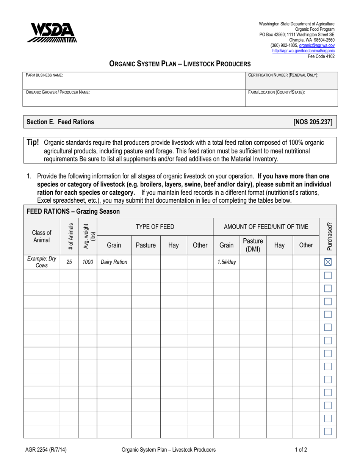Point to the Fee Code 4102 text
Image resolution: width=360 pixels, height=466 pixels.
321,56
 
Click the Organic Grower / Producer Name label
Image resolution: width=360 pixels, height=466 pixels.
58,92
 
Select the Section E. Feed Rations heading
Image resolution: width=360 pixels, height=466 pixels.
59,122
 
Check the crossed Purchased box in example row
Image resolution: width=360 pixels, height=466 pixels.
328,261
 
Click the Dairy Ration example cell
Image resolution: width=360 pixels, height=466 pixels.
114,261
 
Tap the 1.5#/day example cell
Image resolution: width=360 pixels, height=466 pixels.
226,261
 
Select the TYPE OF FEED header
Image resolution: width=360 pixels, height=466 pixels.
155,227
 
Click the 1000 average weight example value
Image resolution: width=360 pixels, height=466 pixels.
88,261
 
